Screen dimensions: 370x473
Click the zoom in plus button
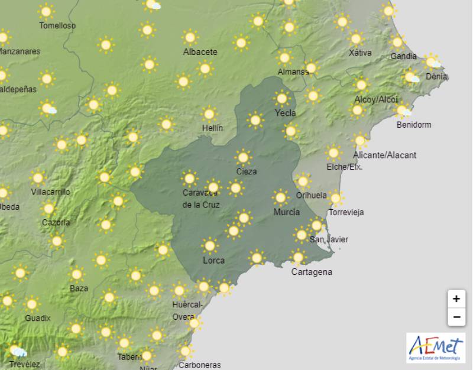point(455,299)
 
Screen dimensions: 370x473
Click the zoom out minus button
point(455,317)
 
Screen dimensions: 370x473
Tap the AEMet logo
point(436,348)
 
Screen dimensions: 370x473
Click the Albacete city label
point(200,52)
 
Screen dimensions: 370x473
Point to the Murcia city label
point(287,212)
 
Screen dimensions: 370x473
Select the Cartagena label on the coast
point(312,272)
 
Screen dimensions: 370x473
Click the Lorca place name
point(213,260)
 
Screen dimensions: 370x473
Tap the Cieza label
point(246,172)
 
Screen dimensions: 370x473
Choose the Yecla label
point(286,113)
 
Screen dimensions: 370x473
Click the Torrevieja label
point(346,213)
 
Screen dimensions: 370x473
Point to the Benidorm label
point(414,125)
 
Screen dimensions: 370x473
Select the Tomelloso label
point(57,26)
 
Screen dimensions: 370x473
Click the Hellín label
point(212,128)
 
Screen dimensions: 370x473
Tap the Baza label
point(79,288)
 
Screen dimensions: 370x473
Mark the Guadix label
point(38,318)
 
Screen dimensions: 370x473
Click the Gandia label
point(403,56)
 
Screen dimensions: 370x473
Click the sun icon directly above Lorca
point(209,245)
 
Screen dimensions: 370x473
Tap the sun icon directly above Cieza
point(242,157)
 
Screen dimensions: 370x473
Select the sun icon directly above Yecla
point(282,98)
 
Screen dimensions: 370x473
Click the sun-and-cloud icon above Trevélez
point(18,351)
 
